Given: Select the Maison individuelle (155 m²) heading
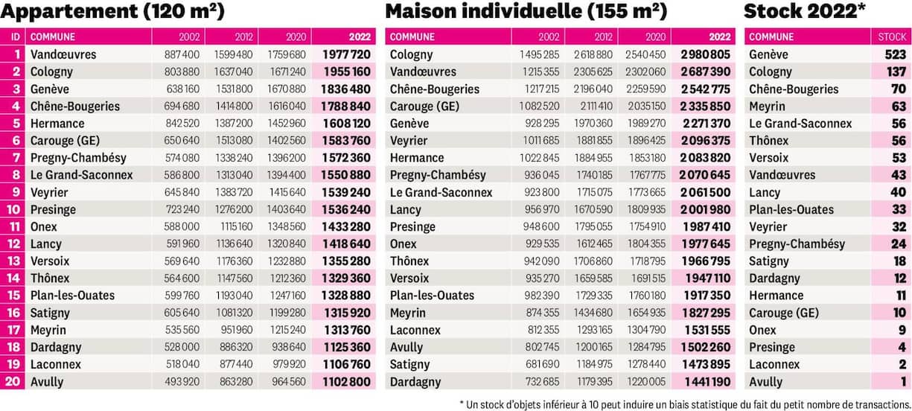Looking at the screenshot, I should [526, 12].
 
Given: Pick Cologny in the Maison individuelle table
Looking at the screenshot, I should [411, 54].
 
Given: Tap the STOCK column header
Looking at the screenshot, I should [892, 36].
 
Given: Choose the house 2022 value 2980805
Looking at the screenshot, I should [705, 54].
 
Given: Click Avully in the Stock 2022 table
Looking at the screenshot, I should [765, 381].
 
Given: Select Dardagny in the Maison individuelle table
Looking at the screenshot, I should [415, 381].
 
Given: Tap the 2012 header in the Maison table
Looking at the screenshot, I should [604, 36].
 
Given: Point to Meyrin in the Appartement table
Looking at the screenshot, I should [48, 330].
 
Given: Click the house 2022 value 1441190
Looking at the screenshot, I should [705, 381].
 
